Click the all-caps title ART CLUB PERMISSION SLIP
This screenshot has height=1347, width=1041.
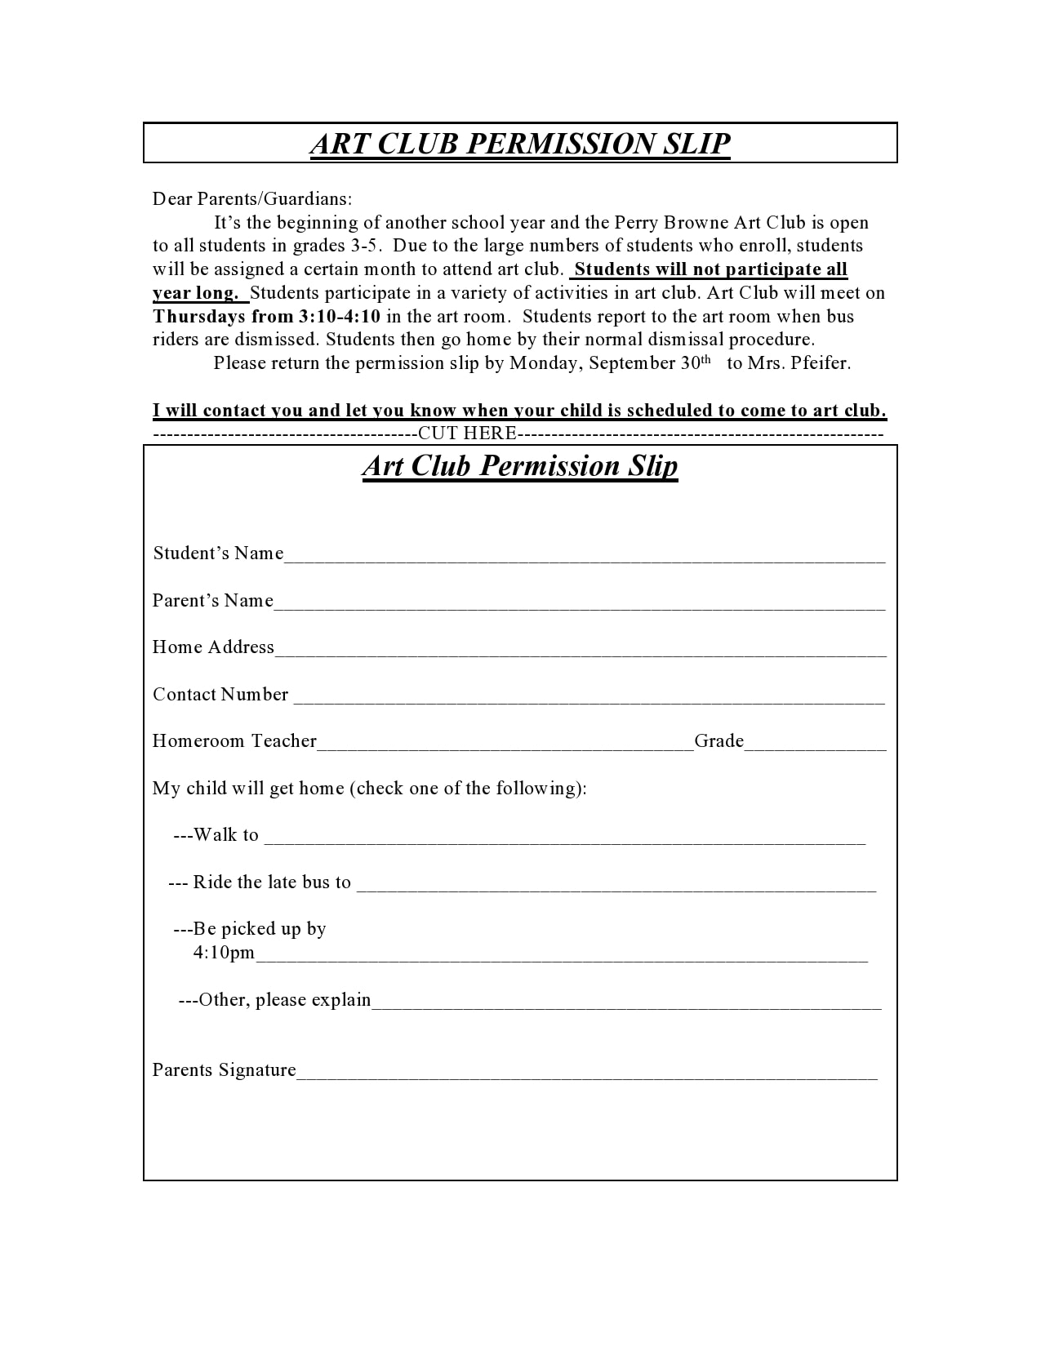click(519, 144)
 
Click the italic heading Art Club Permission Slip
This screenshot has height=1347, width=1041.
click(519, 466)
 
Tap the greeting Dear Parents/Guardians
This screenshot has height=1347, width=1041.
click(252, 198)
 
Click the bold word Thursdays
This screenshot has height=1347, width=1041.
click(199, 316)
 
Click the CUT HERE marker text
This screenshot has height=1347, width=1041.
click(467, 433)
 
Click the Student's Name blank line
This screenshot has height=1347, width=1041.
click(584, 558)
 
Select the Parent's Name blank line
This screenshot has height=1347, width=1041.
click(580, 605)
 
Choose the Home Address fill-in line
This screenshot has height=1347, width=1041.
click(580, 651)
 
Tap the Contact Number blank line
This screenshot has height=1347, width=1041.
click(588, 699)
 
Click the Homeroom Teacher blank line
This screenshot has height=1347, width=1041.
click(505, 745)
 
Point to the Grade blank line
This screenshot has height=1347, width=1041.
click(815, 745)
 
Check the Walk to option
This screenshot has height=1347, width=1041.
click(216, 835)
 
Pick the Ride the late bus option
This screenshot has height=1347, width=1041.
click(260, 882)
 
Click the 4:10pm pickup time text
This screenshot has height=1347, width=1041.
click(224, 953)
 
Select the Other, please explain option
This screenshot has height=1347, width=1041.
click(274, 1000)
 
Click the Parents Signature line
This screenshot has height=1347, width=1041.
click(586, 1075)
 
